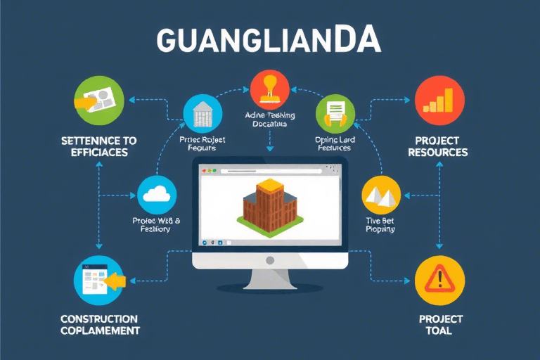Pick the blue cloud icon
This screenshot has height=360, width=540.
(x=157, y=195)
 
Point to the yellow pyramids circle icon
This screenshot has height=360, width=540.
(x=380, y=195)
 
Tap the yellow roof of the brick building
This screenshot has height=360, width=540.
(x=270, y=186)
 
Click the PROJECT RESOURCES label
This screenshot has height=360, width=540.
(x=440, y=146)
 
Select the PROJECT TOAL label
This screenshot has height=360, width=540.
(x=440, y=325)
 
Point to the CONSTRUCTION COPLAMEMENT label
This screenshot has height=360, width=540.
(x=100, y=325)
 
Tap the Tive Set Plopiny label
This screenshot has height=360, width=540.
(x=380, y=224)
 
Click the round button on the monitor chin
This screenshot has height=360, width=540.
(x=270, y=259)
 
